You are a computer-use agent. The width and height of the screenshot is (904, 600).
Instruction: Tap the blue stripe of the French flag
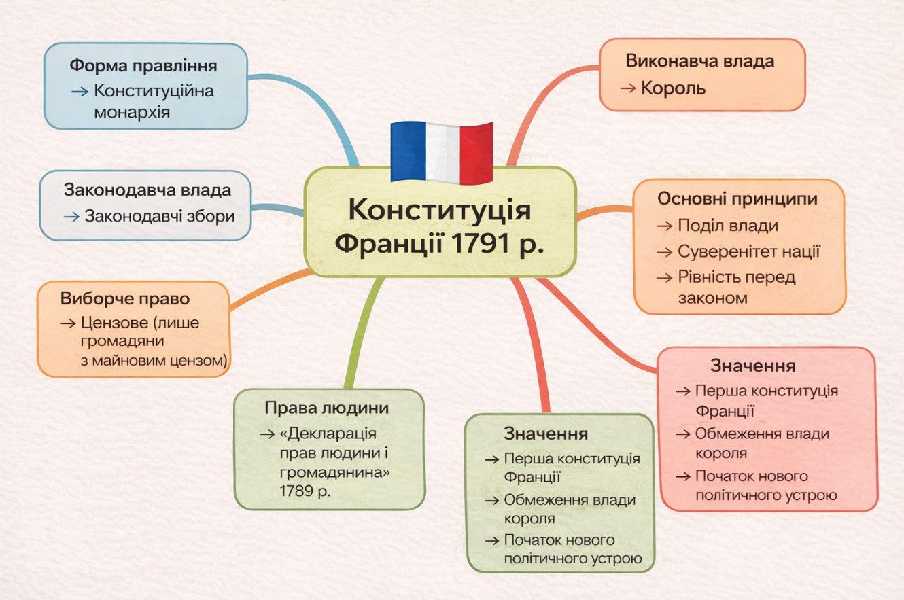pyautogui.click(x=406, y=152)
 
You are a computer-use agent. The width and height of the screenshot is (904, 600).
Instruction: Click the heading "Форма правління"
pyautogui.click(x=143, y=67)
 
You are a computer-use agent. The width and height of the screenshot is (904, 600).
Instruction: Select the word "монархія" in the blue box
pyautogui.click(x=132, y=111)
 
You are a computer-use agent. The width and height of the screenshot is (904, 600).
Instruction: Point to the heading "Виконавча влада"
pyautogui.click(x=699, y=60)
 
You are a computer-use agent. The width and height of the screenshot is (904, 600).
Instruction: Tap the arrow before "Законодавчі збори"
pyautogui.click(x=72, y=217)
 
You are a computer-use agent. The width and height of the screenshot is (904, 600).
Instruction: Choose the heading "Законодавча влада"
pyautogui.click(x=147, y=190)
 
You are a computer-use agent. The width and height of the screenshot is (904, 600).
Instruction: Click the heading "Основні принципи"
pyautogui.click(x=737, y=199)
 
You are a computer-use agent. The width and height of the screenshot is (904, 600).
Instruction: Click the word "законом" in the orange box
pyautogui.click(x=712, y=298)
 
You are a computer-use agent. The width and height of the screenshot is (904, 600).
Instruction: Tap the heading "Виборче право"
pyautogui.click(x=124, y=299)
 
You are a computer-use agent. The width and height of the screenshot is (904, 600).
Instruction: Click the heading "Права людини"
pyautogui.click(x=327, y=408)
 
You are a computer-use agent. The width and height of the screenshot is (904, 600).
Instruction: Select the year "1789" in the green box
pyautogui.click(x=296, y=491)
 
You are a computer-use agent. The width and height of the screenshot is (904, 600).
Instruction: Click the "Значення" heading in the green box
pyautogui.click(x=545, y=434)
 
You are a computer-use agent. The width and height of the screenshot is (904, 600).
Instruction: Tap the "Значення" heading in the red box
pyautogui.click(x=752, y=366)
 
